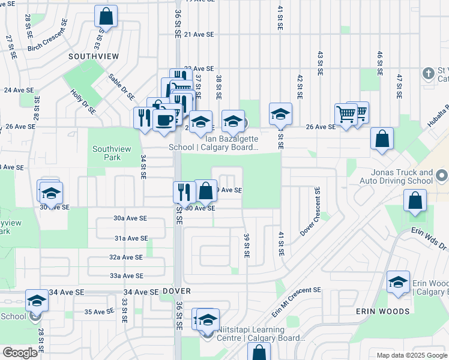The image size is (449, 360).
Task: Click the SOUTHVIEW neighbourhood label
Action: (93, 56)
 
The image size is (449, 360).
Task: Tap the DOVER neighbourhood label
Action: (176, 291)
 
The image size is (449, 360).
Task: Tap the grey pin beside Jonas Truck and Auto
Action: (442, 176)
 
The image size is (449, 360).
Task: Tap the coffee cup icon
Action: (164, 119)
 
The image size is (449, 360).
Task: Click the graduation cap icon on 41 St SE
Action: (280, 114)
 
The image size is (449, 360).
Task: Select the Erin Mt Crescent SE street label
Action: (296, 302)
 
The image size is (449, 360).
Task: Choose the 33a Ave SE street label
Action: (126, 276)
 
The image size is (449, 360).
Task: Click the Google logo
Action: (20, 353)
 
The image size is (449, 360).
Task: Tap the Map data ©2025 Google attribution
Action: (411, 355)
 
